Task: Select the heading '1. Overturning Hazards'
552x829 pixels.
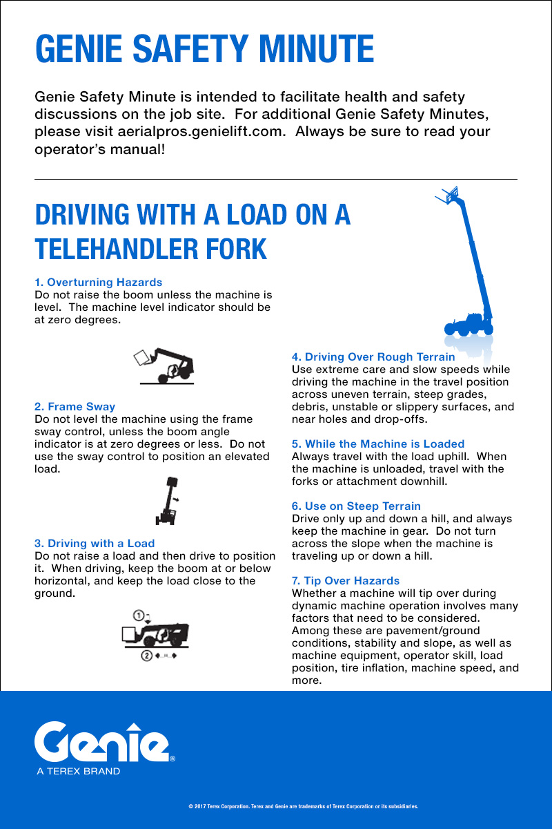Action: (99, 282)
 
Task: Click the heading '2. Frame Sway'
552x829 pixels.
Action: (75, 406)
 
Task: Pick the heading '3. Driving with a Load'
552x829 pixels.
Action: (95, 543)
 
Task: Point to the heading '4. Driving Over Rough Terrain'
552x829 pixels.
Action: (373, 356)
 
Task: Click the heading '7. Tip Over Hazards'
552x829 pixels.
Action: (346, 580)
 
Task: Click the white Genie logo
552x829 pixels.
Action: (101, 741)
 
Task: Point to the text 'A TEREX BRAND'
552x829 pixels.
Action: (79, 771)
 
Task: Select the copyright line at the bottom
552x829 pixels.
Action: (303, 806)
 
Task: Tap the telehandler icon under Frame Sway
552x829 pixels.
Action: (168, 501)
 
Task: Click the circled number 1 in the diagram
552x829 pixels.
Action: (139, 614)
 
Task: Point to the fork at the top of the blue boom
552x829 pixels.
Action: (449, 196)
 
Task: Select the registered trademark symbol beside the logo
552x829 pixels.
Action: (172, 759)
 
